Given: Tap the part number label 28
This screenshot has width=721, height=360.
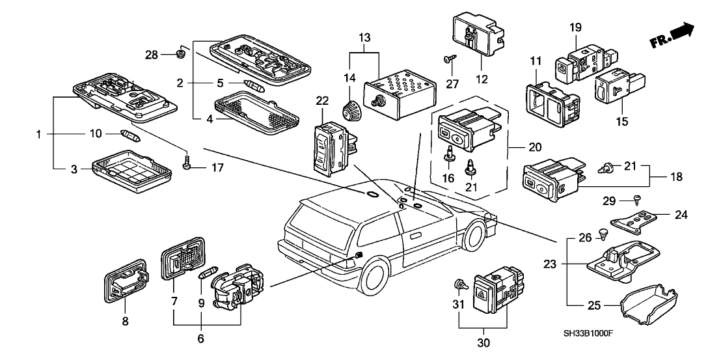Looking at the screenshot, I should [x=151, y=55].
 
